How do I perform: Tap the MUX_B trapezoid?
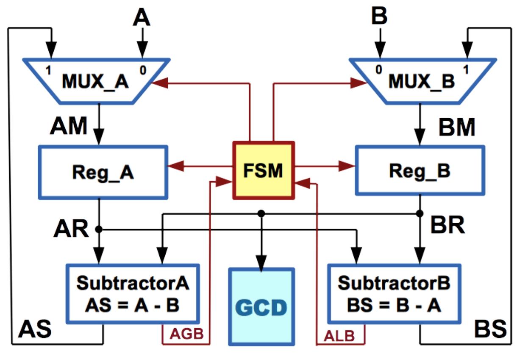pyautogui.click(x=422, y=80)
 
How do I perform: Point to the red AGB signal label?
pyautogui.click(x=186, y=335)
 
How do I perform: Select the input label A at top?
pyautogui.click(x=142, y=17)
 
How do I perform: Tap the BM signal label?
pyautogui.click(x=456, y=127)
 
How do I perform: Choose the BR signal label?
pyautogui.click(x=448, y=226)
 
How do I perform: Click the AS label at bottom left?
pyautogui.click(x=34, y=329)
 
